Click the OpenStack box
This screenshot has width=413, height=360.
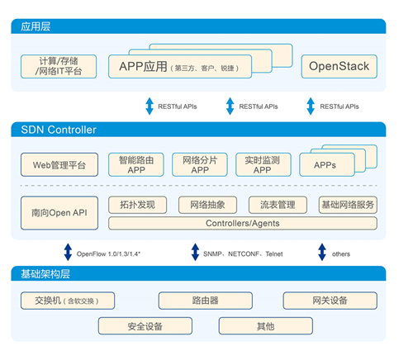(339, 67)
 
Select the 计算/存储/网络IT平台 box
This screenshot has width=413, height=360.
(59, 67)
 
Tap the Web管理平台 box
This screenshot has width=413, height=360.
(59, 164)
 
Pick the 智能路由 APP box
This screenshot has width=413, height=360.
(136, 164)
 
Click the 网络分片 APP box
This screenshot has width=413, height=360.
(200, 164)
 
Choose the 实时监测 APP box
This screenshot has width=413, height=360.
(263, 164)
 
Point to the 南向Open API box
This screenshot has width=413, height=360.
(59, 213)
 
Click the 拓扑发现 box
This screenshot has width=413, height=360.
(138, 205)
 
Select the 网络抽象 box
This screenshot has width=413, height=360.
(207, 205)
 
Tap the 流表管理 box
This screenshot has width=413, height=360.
(278, 205)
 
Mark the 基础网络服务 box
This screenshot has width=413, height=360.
(348, 205)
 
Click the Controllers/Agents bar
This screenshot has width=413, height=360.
(243, 223)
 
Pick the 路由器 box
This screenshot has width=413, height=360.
(206, 301)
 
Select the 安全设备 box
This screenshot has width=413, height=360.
(145, 326)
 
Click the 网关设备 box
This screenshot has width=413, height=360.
(330, 301)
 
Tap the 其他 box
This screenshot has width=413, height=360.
(266, 326)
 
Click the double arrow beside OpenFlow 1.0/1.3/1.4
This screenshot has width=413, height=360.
(68, 252)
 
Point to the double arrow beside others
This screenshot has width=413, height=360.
(322, 252)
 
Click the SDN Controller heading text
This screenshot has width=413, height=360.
(59, 130)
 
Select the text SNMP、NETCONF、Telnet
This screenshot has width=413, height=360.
(243, 253)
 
